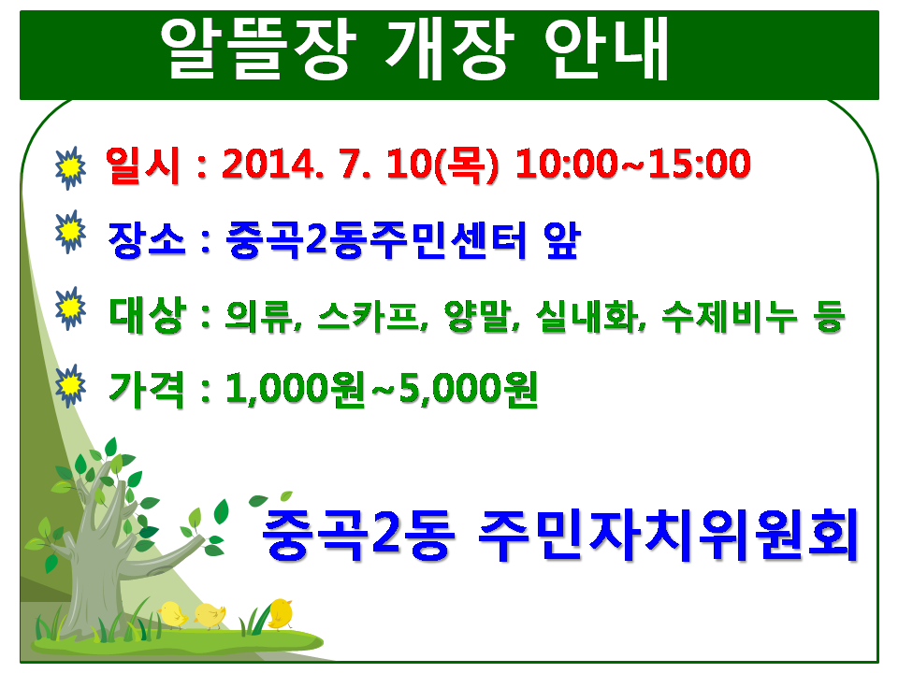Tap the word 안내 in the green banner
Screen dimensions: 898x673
[x=606, y=48]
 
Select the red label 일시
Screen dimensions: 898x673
[x=143, y=165]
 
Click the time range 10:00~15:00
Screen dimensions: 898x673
[x=633, y=165]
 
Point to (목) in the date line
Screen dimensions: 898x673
[x=468, y=165]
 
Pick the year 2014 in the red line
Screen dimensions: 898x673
[x=268, y=165]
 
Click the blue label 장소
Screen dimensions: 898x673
[x=147, y=240]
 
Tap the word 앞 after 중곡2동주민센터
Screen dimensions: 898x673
[x=562, y=240]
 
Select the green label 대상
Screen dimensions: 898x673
[x=147, y=315]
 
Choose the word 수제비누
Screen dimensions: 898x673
[x=730, y=316]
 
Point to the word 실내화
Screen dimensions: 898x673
[x=590, y=316]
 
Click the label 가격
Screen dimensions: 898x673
[x=147, y=390]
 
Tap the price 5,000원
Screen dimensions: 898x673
[x=468, y=389]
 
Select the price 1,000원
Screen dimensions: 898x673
[x=295, y=389]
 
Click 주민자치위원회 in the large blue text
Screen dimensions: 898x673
[x=668, y=535]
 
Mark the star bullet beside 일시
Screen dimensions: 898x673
[x=70, y=167]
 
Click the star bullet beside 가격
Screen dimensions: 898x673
[x=70, y=386]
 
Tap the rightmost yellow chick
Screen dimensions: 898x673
[x=280, y=613]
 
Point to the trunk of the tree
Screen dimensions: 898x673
[x=92, y=578]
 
